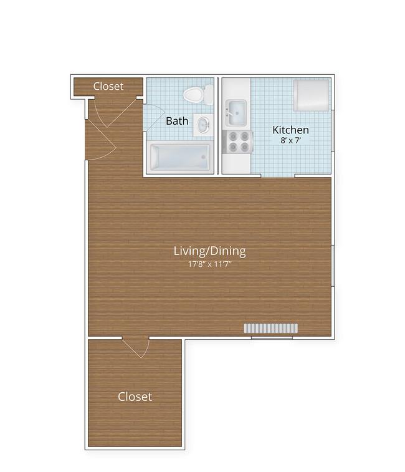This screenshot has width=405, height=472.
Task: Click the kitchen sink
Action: [x=236, y=112]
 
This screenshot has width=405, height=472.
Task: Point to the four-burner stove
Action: [x=237, y=142]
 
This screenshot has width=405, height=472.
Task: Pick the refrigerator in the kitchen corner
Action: [x=311, y=94]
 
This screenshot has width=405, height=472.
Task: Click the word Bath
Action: [x=177, y=120]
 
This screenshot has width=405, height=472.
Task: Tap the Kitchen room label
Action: [x=290, y=130]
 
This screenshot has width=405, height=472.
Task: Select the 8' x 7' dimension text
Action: [x=290, y=141]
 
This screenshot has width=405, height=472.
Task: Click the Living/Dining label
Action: [x=209, y=251]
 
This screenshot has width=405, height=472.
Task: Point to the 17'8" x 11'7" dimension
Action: [x=209, y=264]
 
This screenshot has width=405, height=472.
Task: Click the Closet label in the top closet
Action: [x=108, y=86]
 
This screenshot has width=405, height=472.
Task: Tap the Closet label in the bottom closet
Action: [x=135, y=397]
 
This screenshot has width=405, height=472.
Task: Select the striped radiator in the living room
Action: [x=271, y=329]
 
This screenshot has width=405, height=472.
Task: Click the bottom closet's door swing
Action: [x=136, y=347]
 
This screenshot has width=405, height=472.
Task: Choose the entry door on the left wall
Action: [x=100, y=140]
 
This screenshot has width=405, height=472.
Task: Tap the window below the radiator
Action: [x=271, y=338]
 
